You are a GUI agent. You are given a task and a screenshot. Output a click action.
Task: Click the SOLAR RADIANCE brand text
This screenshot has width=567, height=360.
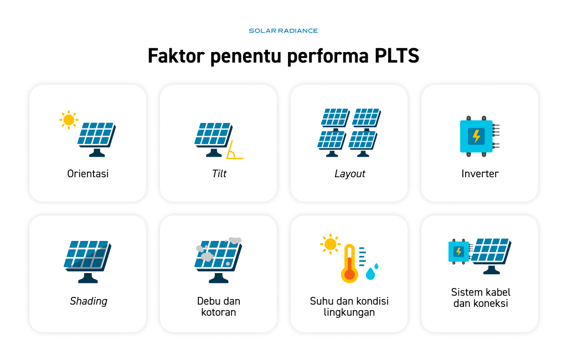coord(283,31)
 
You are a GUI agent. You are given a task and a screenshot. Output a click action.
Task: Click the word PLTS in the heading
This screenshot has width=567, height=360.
coord(396,56)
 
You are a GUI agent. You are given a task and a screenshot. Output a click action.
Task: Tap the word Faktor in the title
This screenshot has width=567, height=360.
coord(176,56)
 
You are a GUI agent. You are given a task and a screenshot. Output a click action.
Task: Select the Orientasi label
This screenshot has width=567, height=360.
coord(88,174)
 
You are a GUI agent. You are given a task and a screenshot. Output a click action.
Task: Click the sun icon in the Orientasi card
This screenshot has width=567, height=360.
coord(68,120)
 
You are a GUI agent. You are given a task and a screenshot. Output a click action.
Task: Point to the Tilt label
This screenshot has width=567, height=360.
coord(219,174)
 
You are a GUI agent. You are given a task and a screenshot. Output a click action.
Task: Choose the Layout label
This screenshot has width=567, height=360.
coord(350,174)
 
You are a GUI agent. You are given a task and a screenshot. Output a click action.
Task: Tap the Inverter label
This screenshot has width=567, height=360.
coord(480,174)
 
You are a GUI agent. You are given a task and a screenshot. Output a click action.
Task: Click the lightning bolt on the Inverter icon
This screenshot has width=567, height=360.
coord(476,136)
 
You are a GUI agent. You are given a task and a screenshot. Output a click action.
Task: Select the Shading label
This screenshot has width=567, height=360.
coord(89,301)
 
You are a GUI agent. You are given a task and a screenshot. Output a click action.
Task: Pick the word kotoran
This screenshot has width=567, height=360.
coord(218,312)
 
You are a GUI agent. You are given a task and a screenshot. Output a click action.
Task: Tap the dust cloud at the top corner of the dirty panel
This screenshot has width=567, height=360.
coord(235,240)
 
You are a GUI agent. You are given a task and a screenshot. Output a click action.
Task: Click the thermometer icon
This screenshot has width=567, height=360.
coord(349,264)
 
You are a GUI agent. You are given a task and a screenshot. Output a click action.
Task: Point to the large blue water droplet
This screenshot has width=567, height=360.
coord(370,274)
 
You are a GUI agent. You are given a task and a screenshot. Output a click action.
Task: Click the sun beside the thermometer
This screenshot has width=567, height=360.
coord(330,244)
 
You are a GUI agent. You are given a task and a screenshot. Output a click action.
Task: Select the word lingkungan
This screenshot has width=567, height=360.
coord(349,312)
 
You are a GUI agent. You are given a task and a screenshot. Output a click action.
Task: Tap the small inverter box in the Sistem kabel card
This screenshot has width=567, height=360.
coord(459,251)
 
